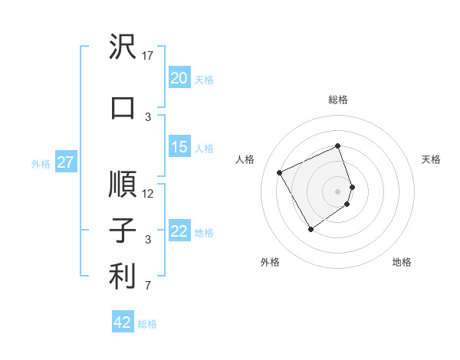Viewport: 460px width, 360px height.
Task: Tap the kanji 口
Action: click(x=123, y=108)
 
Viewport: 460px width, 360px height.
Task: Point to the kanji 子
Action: click(x=123, y=231)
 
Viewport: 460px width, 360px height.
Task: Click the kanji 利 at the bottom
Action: click(x=123, y=277)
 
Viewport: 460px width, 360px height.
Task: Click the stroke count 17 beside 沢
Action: click(x=148, y=56)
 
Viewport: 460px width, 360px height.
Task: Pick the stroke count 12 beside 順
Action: click(x=148, y=194)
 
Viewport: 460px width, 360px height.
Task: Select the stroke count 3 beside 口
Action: click(x=148, y=116)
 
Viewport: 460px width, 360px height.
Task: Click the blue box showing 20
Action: click(x=179, y=78)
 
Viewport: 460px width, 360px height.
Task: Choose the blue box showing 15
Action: click(x=179, y=147)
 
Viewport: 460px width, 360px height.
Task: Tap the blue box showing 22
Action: click(x=179, y=231)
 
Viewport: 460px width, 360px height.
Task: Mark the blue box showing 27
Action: click(x=65, y=162)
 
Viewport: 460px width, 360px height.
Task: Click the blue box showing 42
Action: click(x=123, y=322)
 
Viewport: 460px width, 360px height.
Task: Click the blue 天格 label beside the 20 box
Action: click(x=204, y=79)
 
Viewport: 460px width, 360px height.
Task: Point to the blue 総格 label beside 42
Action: click(x=147, y=324)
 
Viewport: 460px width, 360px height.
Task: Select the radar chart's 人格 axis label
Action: click(x=245, y=159)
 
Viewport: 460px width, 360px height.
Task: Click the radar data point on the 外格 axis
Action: click(x=310, y=229)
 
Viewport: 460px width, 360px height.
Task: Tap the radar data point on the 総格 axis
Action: click(x=337, y=146)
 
